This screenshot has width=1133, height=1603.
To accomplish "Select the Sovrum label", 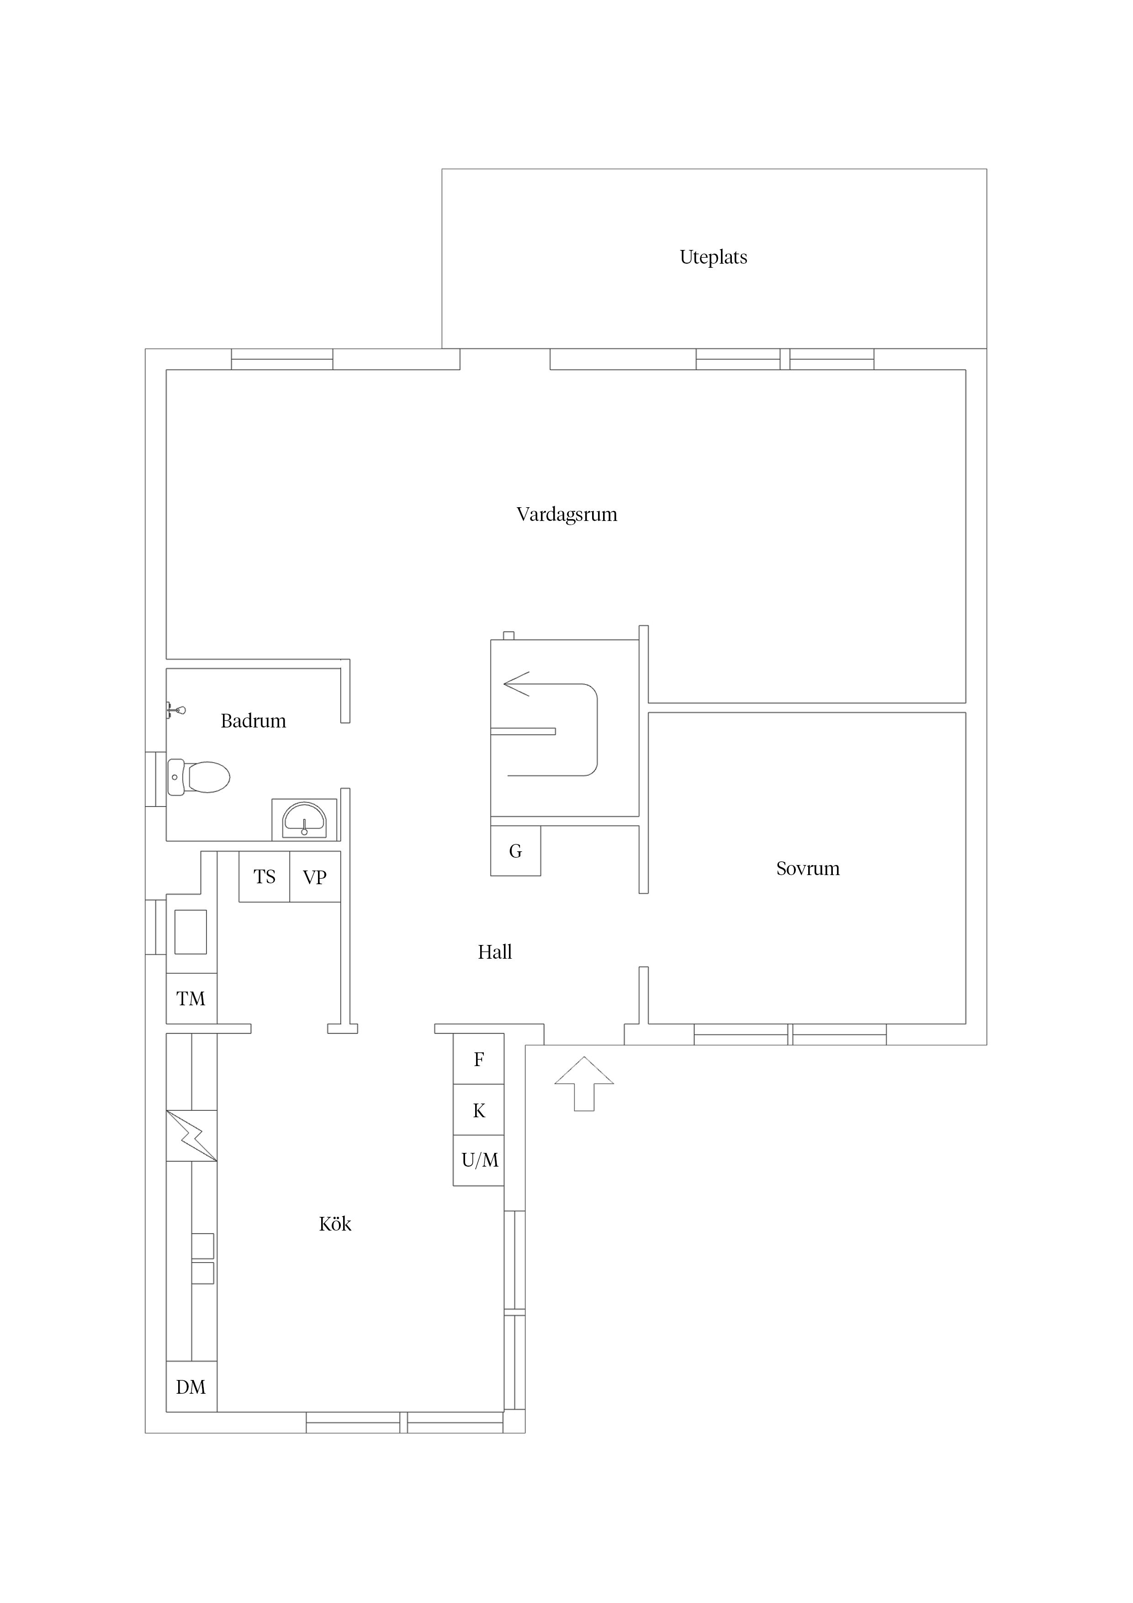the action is [x=808, y=869].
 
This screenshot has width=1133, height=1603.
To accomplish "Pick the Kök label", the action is [x=335, y=1223].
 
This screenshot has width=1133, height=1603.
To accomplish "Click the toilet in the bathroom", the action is [x=199, y=777].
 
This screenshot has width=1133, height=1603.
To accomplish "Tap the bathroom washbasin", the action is [x=304, y=820].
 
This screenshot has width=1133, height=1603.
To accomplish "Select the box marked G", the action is [x=515, y=850].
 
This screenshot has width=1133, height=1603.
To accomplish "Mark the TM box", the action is [x=191, y=998].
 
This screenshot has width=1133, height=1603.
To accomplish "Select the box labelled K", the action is [x=478, y=1109].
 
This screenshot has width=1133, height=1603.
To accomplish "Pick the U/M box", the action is [x=478, y=1160].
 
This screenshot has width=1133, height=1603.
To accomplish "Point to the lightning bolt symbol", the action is [x=191, y=1136].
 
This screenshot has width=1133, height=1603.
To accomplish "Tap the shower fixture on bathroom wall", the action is [x=176, y=710].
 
